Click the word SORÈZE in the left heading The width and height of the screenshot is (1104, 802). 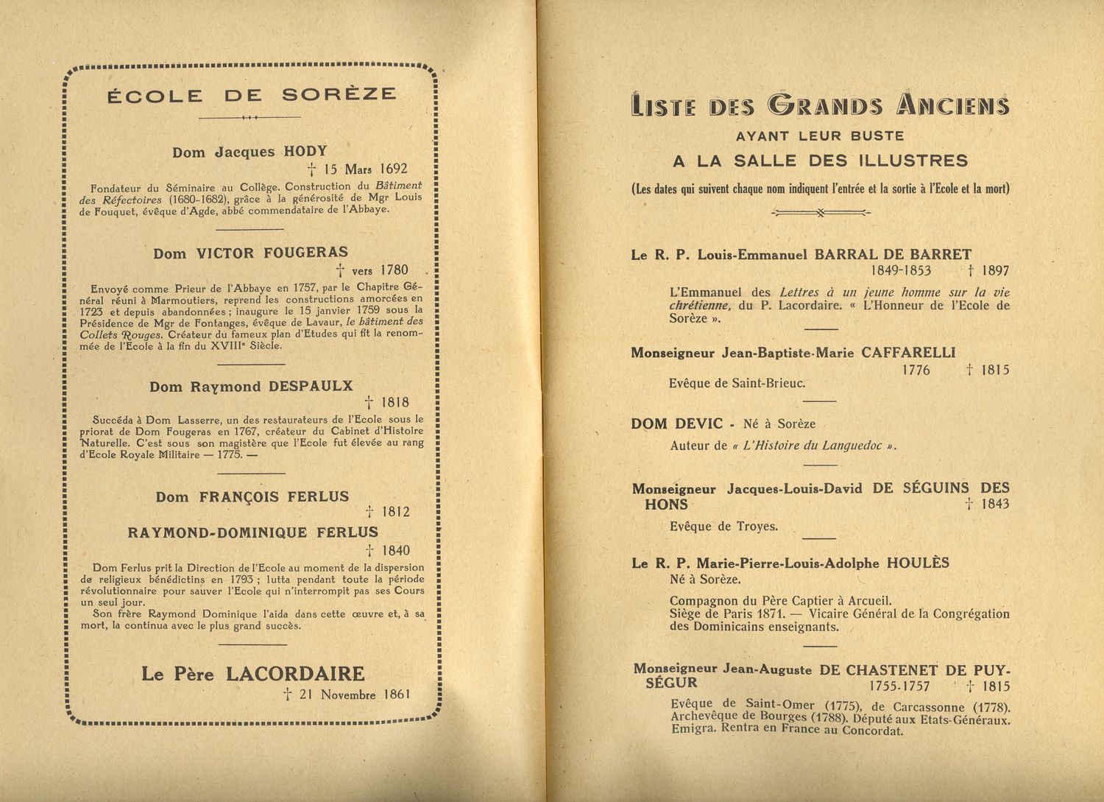(x=339, y=95)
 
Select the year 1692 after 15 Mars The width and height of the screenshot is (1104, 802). (x=393, y=169)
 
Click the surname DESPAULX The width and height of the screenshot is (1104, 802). (x=311, y=386)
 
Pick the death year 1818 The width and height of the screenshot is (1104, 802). (x=394, y=402)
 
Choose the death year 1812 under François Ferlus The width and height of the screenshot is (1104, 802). (x=395, y=512)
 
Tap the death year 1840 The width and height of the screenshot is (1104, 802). (x=395, y=550)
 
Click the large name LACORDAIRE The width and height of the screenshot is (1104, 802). (x=295, y=673)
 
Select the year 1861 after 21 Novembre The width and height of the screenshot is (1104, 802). (x=396, y=694)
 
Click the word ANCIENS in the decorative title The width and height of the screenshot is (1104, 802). (x=952, y=105)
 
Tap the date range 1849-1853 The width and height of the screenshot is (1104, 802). (x=900, y=270)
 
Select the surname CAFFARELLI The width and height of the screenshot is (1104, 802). (x=908, y=353)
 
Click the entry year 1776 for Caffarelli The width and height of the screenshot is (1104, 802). (x=916, y=370)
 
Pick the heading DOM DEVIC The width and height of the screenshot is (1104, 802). (x=676, y=423)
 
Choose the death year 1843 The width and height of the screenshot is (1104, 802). (x=994, y=504)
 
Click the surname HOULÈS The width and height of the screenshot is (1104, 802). (x=918, y=563)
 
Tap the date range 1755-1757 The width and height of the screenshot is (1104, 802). (x=899, y=686)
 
